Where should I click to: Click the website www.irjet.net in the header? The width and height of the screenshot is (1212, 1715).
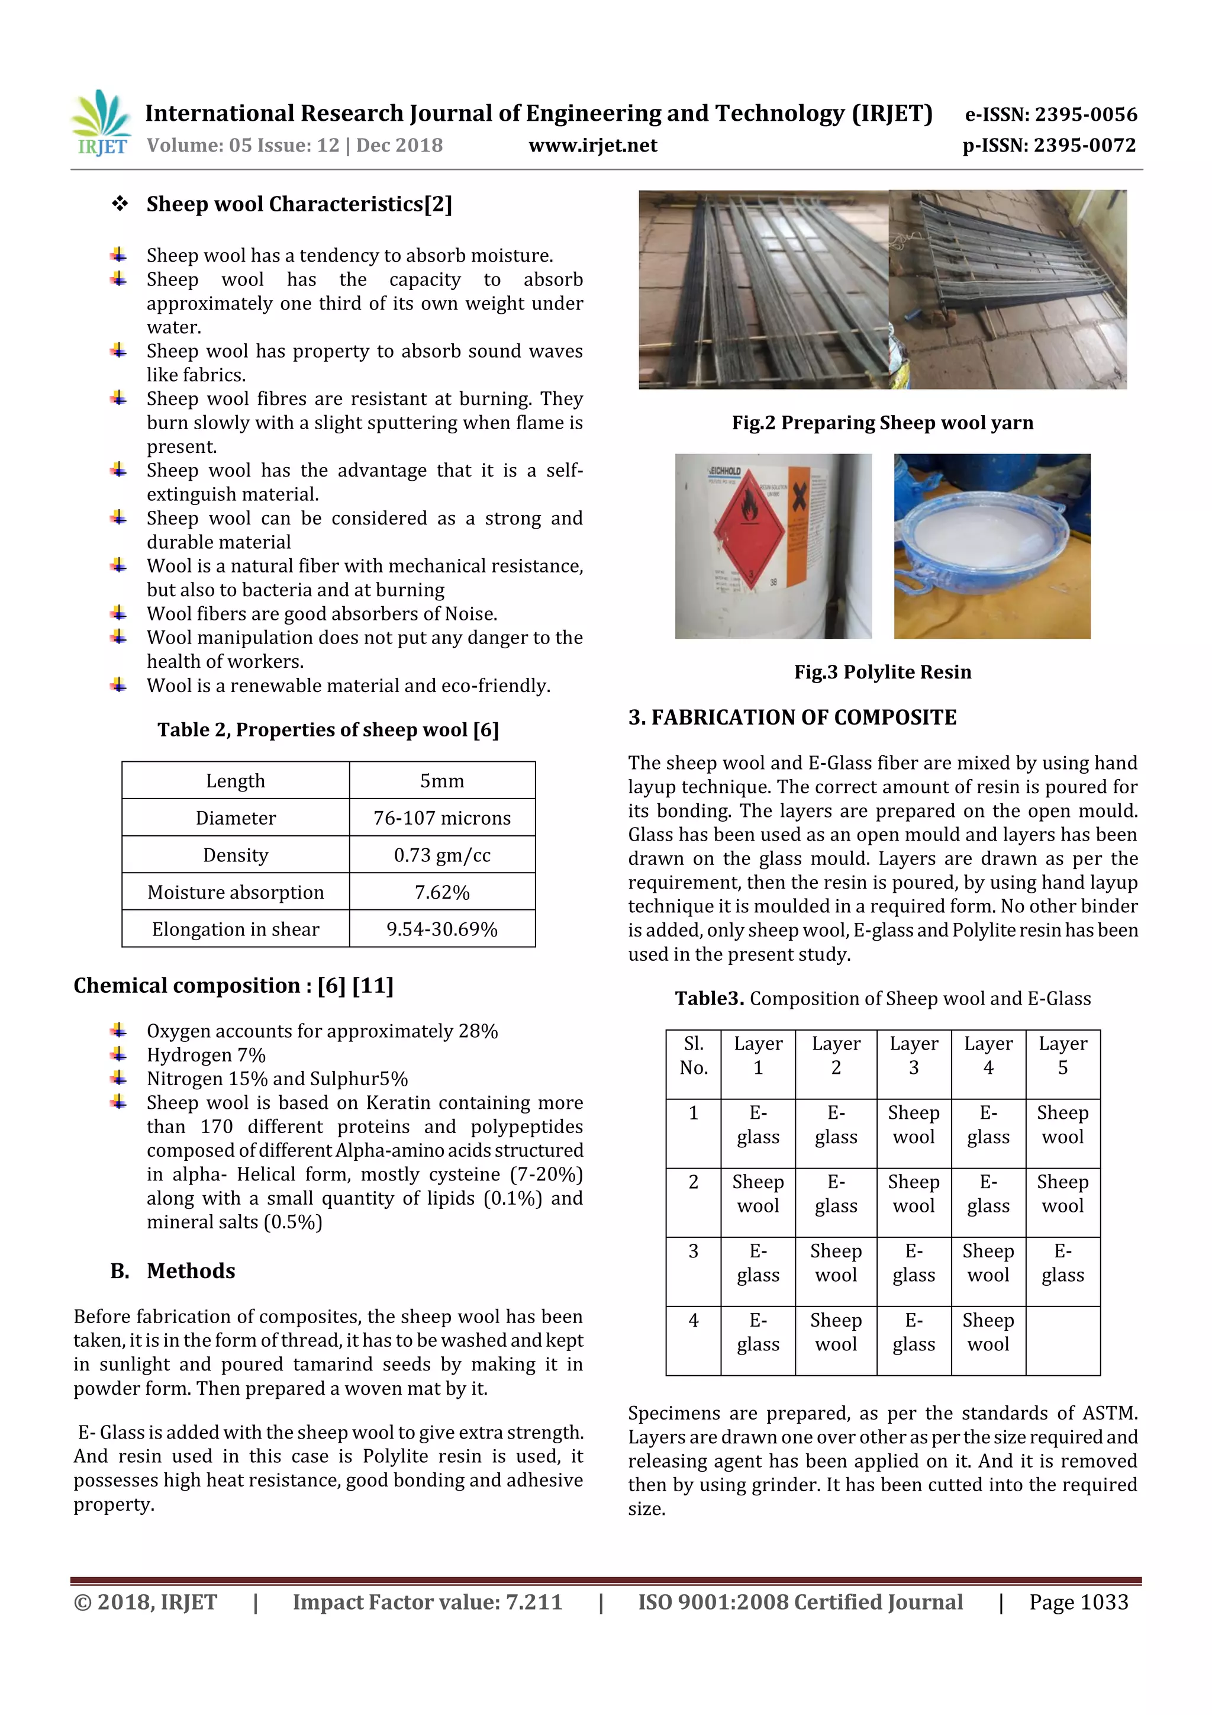point(592,146)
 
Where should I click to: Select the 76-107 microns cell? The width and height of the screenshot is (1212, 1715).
point(441,818)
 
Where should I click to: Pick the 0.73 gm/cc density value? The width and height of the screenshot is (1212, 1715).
point(441,855)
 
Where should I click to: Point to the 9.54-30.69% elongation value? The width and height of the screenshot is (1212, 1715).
point(441,929)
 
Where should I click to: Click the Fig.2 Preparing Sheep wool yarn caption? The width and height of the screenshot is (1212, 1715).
point(882,423)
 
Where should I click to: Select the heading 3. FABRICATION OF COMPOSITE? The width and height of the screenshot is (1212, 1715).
point(792,717)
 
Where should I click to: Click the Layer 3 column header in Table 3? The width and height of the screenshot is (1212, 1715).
point(913,1056)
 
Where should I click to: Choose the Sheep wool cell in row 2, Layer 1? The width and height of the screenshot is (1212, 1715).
point(758,1193)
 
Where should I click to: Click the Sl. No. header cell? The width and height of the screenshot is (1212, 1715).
point(693,1056)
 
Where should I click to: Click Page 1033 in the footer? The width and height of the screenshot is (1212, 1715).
point(1078,1602)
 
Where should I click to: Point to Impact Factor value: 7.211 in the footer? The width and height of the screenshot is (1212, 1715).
point(427,1602)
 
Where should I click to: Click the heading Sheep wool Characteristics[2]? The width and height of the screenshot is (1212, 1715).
point(299,204)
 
